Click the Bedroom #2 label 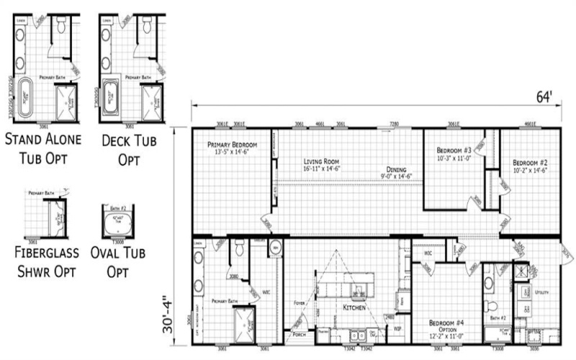(528, 163)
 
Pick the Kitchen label (354, 307)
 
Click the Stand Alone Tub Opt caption (43, 147)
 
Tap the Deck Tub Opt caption (130, 147)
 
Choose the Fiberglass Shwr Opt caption (44, 262)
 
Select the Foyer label (298, 303)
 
